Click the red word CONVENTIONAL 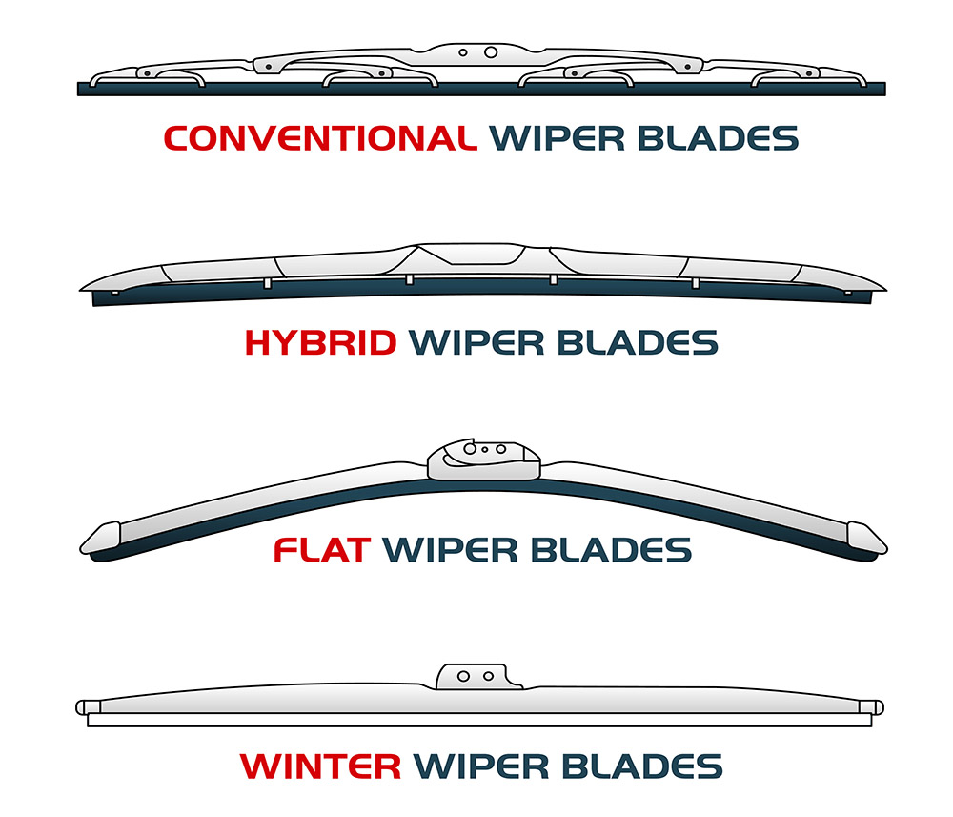[x=320, y=138]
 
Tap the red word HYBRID [x=320, y=343]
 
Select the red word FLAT [x=322, y=550]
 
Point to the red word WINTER [x=320, y=766]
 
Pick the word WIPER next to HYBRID [x=476, y=343]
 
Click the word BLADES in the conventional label [x=718, y=138]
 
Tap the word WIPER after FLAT [x=451, y=550]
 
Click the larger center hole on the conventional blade [x=491, y=52]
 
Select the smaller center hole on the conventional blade [x=463, y=52]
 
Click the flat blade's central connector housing [x=484, y=460]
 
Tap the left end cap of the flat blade [x=101, y=539]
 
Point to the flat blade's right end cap [x=866, y=539]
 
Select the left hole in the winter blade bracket [x=463, y=676]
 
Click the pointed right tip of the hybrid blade [x=885, y=291]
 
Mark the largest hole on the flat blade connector [x=470, y=449]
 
